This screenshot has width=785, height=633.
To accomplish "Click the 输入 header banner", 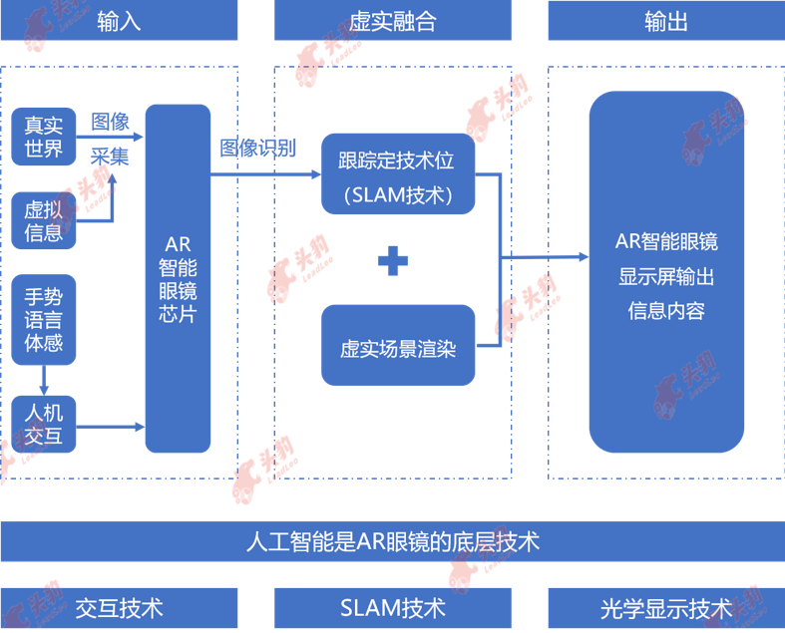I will point(119,21).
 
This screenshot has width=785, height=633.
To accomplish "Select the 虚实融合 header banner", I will point(392,21).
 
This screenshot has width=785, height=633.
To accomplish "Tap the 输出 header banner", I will point(665,21).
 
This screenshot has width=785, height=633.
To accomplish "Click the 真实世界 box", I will point(44,138).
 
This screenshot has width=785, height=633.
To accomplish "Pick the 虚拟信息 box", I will point(44,221).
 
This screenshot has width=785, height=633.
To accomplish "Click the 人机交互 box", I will point(44,425).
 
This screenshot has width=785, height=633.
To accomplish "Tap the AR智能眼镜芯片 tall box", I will point(179,278).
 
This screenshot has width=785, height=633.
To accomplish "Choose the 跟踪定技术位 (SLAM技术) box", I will point(397,175).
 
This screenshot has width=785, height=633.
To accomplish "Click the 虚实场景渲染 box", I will point(397,348).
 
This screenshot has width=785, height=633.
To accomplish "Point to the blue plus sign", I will point(393,261).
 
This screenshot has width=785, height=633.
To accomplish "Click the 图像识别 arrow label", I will point(258,149).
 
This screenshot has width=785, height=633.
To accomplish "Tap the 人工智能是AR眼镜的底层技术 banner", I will point(392,541).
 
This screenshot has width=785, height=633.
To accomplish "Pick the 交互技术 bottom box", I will point(119,607).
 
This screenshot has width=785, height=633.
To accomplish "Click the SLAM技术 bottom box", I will point(392,607).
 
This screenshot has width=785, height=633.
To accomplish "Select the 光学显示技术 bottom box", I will point(665,607).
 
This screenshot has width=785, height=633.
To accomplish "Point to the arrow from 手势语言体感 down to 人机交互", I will point(44,380).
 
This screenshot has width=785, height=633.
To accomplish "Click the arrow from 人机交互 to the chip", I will point(111,426).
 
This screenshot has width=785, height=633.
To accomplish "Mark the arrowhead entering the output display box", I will point(582,257).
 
